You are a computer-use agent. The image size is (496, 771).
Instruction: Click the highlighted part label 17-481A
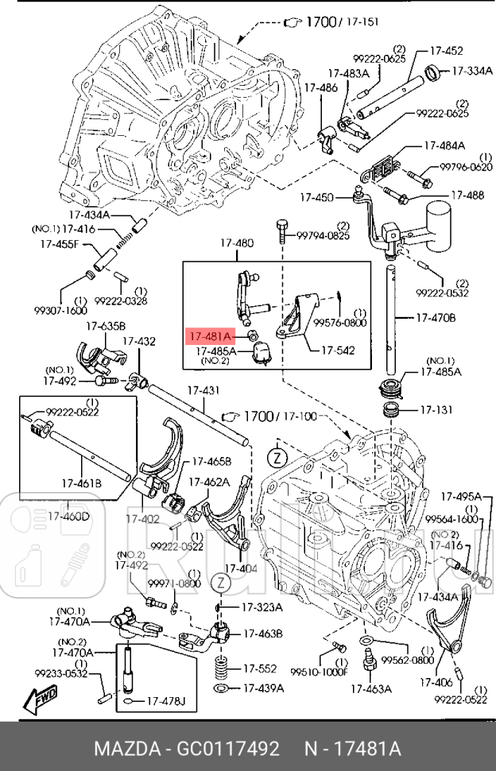210,336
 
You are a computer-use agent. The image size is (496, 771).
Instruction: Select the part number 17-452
447,51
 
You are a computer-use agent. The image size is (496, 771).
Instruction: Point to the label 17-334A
472,71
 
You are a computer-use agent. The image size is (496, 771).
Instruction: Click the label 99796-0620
467,168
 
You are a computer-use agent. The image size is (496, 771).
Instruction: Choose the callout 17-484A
444,145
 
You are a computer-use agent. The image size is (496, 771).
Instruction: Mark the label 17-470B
436,318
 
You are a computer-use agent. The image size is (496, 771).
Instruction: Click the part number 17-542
338,350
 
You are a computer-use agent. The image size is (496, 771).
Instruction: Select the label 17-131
435,410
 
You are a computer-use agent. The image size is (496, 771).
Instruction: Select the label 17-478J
165,701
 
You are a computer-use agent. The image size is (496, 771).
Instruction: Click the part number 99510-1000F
321,671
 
